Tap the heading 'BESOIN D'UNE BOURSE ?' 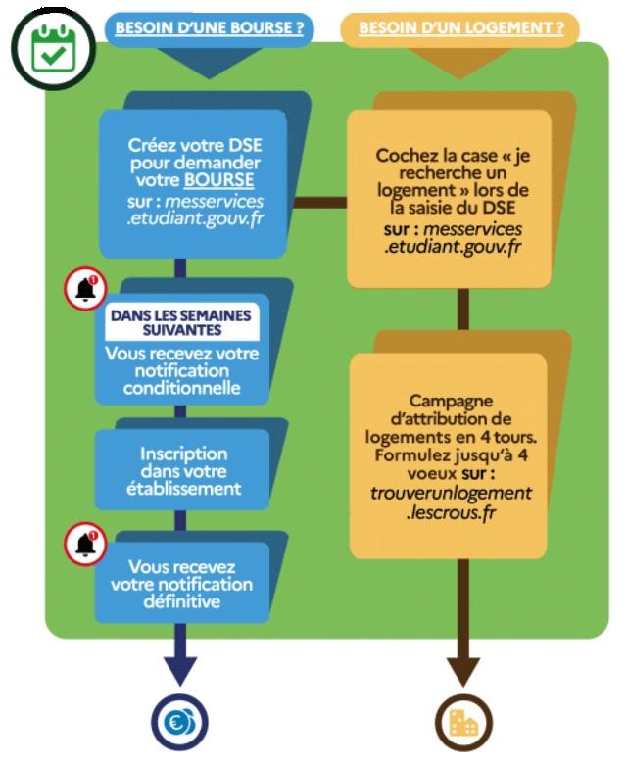[209, 28]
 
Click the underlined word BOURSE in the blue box [218, 181]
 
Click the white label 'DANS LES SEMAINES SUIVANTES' [181, 323]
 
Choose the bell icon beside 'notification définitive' [85, 545]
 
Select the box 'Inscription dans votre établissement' [183, 470]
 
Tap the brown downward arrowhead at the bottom [463, 670]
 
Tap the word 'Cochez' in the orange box [404, 156]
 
